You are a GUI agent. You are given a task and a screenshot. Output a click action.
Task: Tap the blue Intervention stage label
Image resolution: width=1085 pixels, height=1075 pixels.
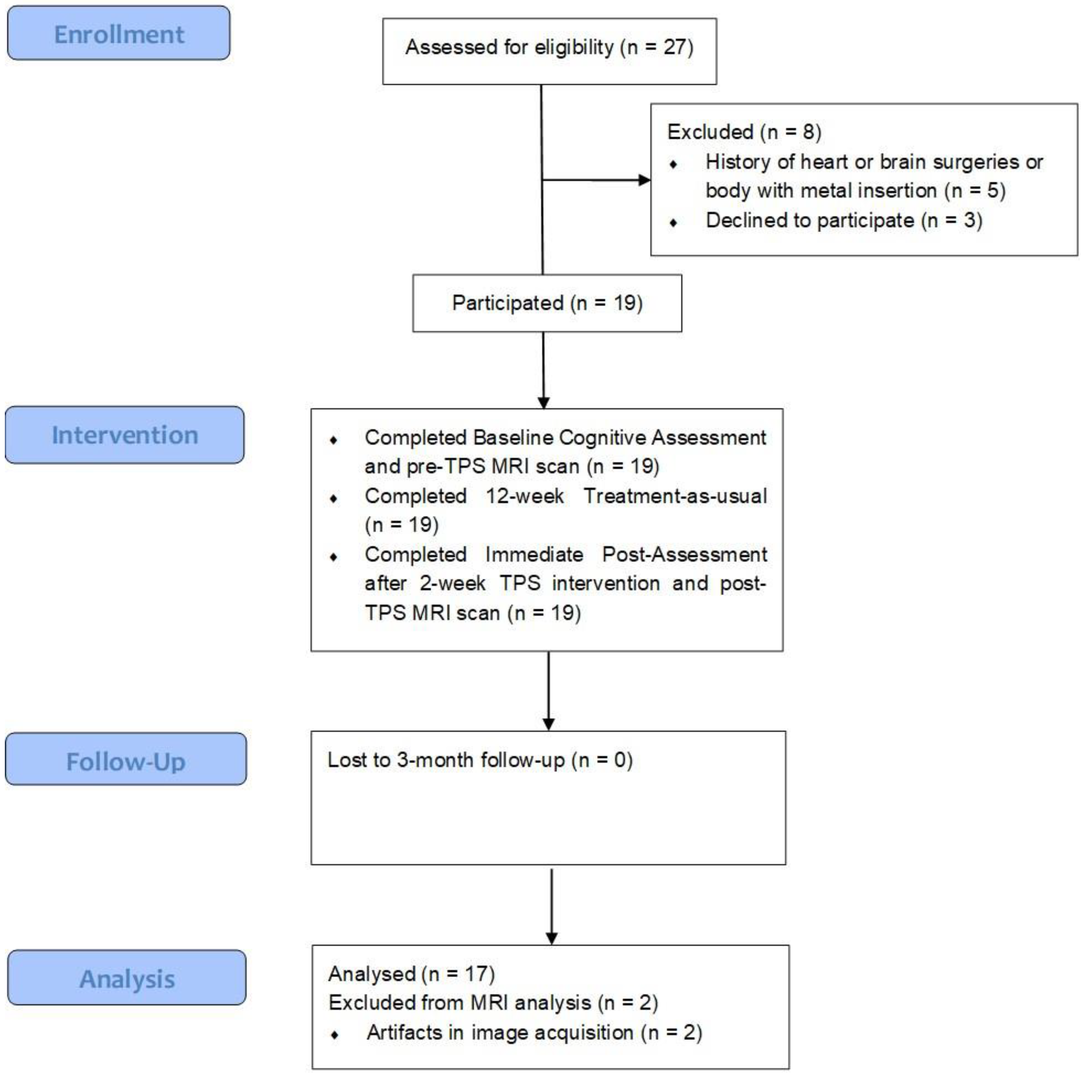[x=125, y=435]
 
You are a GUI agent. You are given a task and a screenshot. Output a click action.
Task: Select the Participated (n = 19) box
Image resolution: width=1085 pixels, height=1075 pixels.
[x=547, y=303]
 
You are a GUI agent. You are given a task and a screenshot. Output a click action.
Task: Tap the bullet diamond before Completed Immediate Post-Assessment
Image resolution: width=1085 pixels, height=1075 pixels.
[x=334, y=557]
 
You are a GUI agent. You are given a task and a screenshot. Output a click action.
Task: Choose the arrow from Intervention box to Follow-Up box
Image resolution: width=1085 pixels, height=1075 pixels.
[x=548, y=691]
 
